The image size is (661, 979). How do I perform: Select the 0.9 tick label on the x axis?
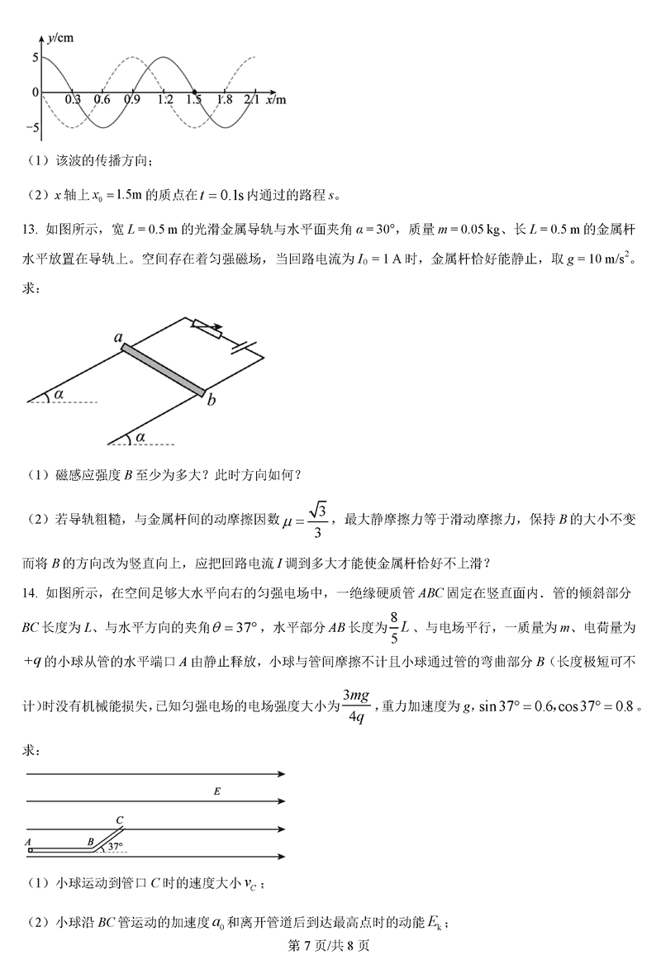coord(131,101)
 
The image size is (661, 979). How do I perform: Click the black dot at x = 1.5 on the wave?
coord(194,92)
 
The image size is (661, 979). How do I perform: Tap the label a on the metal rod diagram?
coord(119,338)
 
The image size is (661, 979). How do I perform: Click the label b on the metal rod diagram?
coord(212,401)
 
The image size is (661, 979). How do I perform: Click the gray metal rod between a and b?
coord(163,370)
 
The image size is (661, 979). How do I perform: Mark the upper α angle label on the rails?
coord(59,395)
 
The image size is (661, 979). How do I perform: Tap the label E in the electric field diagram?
coord(216,792)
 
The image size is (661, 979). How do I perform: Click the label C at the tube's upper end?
coord(120,820)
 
